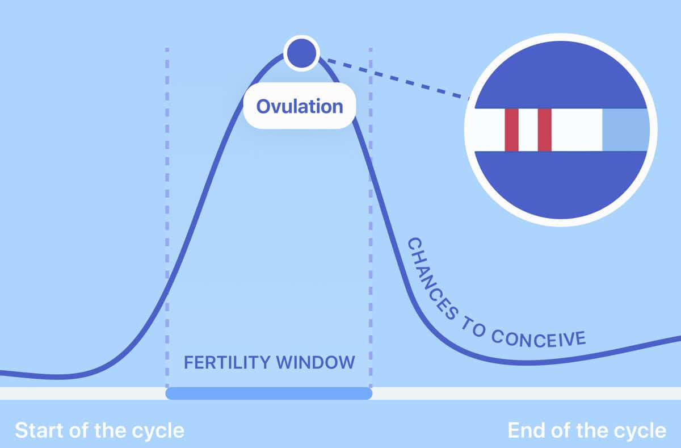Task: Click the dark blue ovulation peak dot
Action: [x=301, y=53]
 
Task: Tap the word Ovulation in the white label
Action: [x=300, y=106]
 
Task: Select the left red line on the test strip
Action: [x=511, y=130]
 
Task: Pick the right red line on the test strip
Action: [x=545, y=130]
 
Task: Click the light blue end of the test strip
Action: [x=624, y=130]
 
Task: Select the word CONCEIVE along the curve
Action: [x=538, y=338]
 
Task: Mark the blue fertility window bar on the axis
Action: [x=268, y=393]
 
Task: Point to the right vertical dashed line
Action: [x=371, y=227]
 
